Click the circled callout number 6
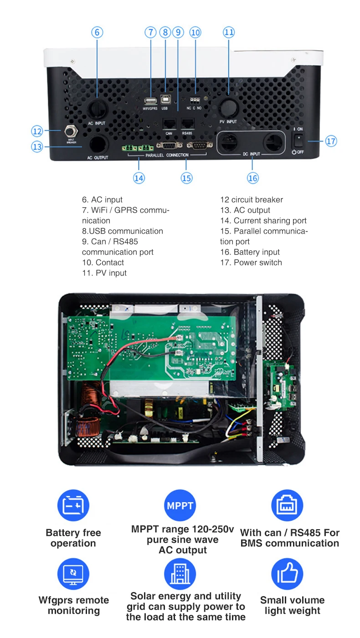(x=97, y=32)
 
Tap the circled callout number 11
(x=229, y=32)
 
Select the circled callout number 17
(x=331, y=141)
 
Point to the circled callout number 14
(x=139, y=178)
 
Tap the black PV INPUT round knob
(x=228, y=108)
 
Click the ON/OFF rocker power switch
(x=298, y=140)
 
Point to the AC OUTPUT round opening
(x=98, y=145)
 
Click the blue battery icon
(x=73, y=505)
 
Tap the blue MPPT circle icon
(x=180, y=505)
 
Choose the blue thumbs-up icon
(x=287, y=574)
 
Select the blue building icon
(x=180, y=574)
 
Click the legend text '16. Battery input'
(x=250, y=252)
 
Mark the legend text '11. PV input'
(x=104, y=273)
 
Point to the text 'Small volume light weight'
(x=292, y=605)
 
